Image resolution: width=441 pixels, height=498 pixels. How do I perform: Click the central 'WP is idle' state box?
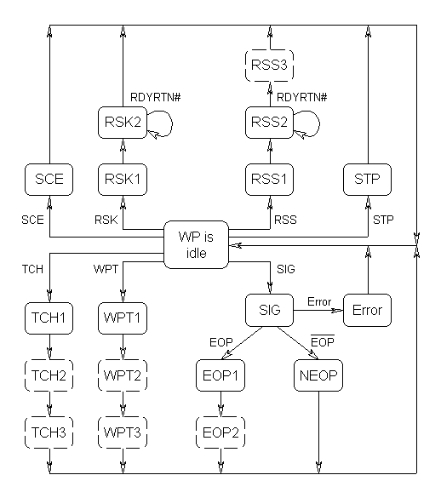[x=196, y=245]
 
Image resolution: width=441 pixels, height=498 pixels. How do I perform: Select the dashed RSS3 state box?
[x=269, y=66]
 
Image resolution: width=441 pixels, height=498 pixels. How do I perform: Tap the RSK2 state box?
[x=123, y=123]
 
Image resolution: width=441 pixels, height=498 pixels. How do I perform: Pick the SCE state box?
[x=49, y=180]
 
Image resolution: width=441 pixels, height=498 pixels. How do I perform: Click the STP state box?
[x=367, y=180]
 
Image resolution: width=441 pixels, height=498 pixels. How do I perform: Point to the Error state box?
[x=367, y=310]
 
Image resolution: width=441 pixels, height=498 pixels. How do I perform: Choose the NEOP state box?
[x=318, y=375]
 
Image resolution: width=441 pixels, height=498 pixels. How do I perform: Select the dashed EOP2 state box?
[x=220, y=432]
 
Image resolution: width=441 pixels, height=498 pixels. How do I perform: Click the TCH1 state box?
[x=49, y=318]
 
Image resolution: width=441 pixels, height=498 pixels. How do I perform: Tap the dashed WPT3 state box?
[x=123, y=432]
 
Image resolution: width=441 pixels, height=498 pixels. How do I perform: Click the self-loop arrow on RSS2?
[x=319, y=124]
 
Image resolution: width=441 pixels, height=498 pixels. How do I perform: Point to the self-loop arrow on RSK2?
[x=172, y=124]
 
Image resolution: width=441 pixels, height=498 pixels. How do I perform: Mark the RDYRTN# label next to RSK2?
[x=155, y=97]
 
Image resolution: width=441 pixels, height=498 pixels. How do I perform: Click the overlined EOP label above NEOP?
[x=323, y=341]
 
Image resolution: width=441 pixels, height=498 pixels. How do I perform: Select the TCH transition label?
[x=32, y=269]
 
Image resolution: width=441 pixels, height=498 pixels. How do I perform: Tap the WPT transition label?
[x=106, y=269]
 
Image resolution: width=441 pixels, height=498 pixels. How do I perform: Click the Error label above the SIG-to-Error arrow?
[x=319, y=301]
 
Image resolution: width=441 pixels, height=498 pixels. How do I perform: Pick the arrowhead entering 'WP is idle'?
[x=235, y=245]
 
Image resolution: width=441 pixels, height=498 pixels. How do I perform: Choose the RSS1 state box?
[x=269, y=180]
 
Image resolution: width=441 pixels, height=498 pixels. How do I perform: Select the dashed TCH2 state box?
[x=49, y=375]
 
